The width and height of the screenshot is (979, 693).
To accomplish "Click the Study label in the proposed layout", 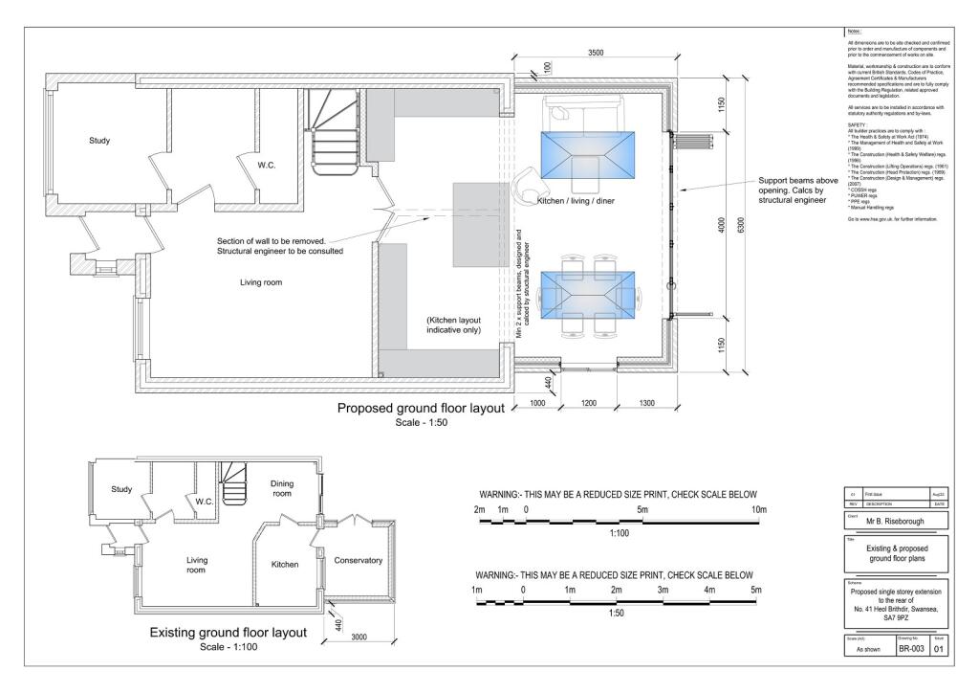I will [99, 141].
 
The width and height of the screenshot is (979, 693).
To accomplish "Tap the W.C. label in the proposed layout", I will [267, 166].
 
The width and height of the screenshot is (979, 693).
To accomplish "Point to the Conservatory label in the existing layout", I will [359, 560].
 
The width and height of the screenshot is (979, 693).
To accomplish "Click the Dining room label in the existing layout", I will [282, 488].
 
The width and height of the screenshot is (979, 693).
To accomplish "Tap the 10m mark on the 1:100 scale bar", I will [759, 509].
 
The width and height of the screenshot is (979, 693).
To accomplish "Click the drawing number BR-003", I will [908, 647].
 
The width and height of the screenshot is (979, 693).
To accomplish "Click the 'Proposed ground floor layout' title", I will [421, 409].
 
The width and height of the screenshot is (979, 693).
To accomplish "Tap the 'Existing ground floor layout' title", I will [228, 633].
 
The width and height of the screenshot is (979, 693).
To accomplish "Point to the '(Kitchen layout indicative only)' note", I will [453, 324].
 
